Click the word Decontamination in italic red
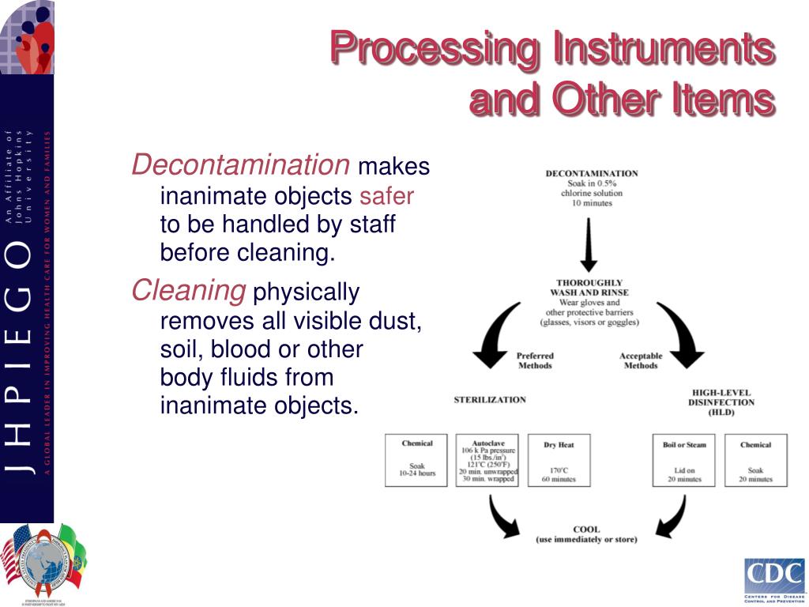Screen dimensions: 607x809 point(240,165)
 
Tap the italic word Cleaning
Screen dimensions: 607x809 point(188,291)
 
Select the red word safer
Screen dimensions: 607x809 point(386,196)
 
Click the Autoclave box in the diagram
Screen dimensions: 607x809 point(487,460)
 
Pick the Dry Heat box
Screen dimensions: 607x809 point(559,460)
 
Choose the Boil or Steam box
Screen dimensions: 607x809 point(684,460)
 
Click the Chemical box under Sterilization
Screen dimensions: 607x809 point(416,460)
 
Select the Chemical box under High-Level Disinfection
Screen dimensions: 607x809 point(755,460)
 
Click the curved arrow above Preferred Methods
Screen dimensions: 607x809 point(495,331)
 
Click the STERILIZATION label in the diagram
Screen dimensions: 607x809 point(490,400)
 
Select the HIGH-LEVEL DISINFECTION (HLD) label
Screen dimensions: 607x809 point(722,402)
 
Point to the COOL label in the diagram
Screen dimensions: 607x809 point(586,530)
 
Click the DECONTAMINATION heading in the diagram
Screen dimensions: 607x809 point(592,173)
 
